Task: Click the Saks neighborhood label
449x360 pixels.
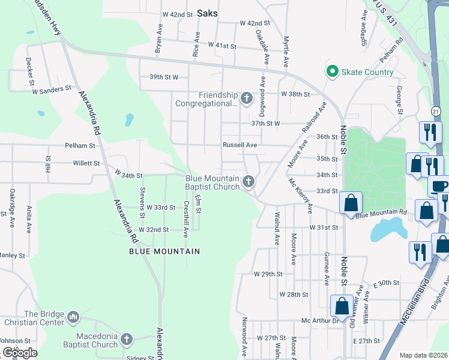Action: (207, 13)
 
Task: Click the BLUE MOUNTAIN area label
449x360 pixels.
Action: (164, 251)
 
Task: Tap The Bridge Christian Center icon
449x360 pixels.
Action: (73, 316)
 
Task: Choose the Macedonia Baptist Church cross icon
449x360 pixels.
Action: (126, 340)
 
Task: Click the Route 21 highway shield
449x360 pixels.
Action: (436, 110)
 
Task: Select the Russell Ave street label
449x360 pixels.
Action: (240, 145)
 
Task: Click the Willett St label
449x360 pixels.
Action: (86, 163)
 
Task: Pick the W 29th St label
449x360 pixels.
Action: (268, 274)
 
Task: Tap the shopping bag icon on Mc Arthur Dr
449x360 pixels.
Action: (342, 307)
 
